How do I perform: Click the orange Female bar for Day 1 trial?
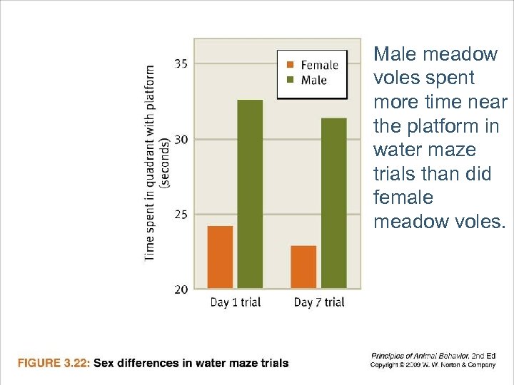[220, 257]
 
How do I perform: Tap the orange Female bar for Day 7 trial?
[303, 267]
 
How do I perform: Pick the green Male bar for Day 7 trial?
[333, 203]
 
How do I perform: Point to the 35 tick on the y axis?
[181, 63]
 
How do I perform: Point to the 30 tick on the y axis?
[181, 139]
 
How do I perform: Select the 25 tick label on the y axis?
[181, 214]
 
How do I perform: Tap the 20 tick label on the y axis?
[181, 289]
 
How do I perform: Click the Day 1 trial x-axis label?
[235, 302]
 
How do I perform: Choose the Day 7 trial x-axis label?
[319, 302]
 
